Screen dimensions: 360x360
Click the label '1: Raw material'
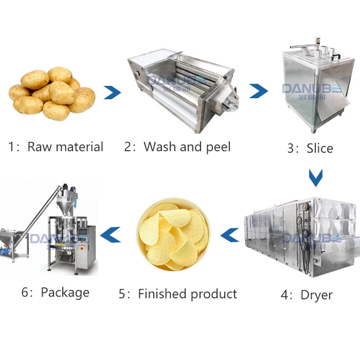(x=56, y=147)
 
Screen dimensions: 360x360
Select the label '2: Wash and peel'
(x=177, y=147)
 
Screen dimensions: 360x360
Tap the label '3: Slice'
(x=310, y=149)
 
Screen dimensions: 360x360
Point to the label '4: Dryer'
(x=307, y=295)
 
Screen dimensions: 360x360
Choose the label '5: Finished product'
(x=178, y=294)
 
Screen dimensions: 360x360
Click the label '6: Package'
(x=56, y=293)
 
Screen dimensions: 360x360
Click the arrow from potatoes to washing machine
(x=112, y=93)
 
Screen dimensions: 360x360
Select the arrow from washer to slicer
(x=259, y=91)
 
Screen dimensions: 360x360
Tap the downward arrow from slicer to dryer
(x=315, y=177)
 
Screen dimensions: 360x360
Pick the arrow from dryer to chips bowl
(x=229, y=235)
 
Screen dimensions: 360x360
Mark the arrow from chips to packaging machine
(x=110, y=235)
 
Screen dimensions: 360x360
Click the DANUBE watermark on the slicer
(x=311, y=88)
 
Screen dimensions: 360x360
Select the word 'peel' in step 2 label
(x=217, y=148)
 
